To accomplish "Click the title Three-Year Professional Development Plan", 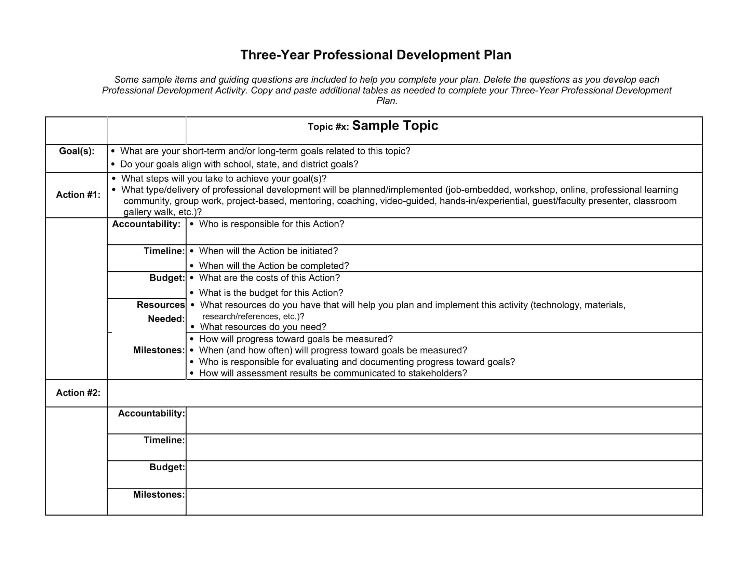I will (376, 55).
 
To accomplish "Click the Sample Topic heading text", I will (395, 126).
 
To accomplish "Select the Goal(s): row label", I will (77, 151).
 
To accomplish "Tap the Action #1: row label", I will (78, 195).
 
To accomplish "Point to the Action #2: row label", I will (78, 393).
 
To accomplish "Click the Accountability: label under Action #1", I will (146, 224).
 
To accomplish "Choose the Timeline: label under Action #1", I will (164, 251).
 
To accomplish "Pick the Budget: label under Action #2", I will (167, 467).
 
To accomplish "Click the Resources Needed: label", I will (161, 312).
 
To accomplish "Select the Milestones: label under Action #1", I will (159, 350).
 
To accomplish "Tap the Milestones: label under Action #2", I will (159, 495).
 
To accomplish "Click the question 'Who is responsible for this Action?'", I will (271, 224).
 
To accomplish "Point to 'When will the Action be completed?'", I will (274, 266).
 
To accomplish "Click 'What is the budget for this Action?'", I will (271, 293).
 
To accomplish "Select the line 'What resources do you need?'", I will (263, 327).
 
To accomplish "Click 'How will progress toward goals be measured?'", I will (296, 339).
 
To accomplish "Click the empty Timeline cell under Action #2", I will (444, 447).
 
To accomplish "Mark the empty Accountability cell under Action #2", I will (444, 420).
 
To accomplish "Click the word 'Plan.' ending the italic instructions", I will (387, 101).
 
